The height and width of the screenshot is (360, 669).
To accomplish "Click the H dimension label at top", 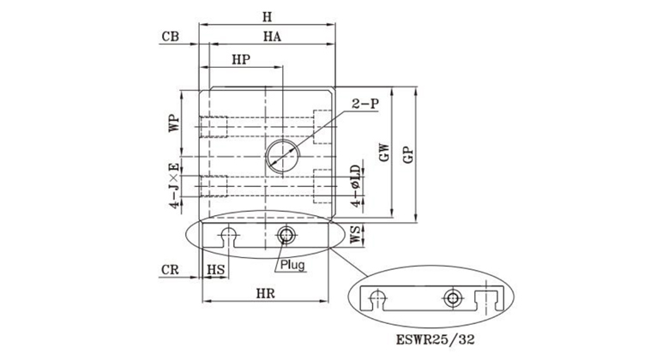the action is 267,17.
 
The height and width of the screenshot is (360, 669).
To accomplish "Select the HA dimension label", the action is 272,37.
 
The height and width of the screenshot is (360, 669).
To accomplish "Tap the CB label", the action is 170,37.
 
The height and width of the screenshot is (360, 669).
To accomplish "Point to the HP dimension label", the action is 241,60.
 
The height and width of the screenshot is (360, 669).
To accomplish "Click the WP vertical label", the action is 173,123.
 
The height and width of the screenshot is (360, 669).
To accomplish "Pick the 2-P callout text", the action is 365,103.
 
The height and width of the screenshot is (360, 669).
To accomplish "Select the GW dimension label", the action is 384,152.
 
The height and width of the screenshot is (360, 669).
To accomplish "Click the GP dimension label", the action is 408,155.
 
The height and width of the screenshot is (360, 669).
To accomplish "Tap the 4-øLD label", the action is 356,186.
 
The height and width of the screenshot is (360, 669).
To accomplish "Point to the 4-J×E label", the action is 174,185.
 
